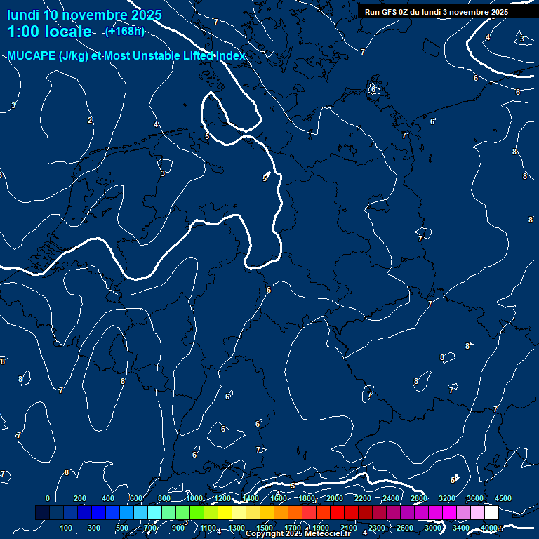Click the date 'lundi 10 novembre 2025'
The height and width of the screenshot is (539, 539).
point(84,15)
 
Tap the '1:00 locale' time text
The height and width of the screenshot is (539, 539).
point(49,32)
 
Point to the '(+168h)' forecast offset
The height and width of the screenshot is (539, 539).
point(125,31)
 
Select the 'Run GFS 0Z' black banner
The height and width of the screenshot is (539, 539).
point(436,12)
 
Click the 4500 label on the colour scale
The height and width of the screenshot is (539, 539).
point(503,498)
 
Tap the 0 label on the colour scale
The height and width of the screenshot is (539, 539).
point(48,498)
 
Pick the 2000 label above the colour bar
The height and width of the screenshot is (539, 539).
point(335,498)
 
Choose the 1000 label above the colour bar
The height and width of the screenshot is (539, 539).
point(194,498)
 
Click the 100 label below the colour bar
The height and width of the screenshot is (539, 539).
point(67,528)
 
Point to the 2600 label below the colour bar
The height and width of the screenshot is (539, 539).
point(405,528)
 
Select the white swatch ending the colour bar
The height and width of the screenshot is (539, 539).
point(491,513)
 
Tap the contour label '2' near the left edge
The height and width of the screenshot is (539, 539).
point(90,121)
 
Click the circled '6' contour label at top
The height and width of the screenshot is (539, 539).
point(373,90)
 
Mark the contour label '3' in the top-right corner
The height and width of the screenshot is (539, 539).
point(521,39)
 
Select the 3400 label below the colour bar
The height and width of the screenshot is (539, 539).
point(461,528)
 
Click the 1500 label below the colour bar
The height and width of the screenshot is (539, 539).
point(265,528)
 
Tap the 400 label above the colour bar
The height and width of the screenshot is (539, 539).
point(108,498)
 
